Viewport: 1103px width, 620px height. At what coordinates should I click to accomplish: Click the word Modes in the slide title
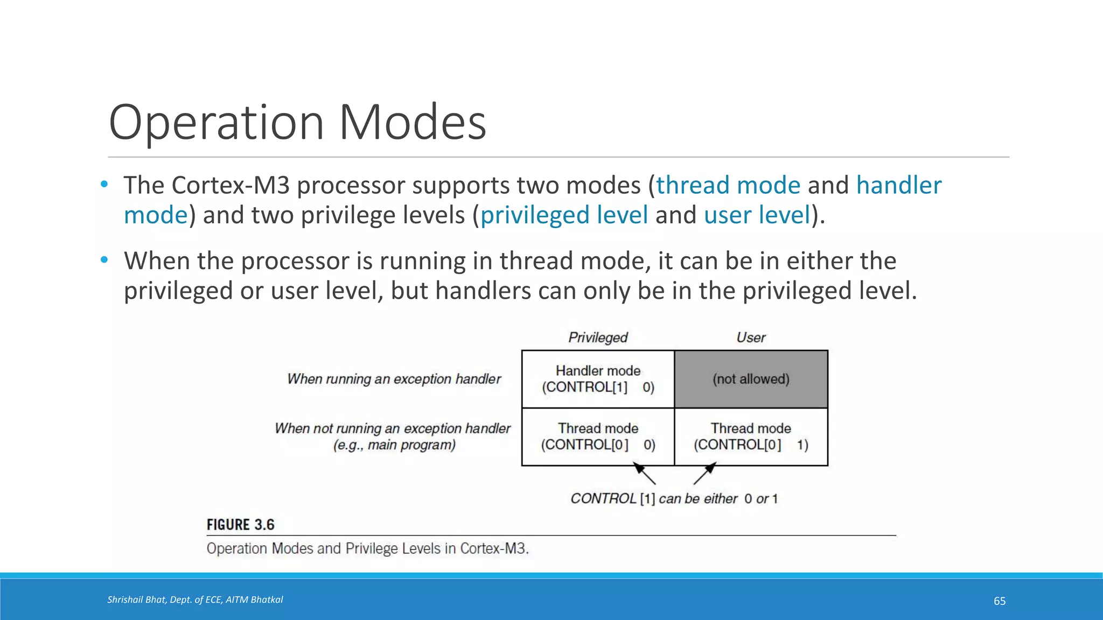(413, 123)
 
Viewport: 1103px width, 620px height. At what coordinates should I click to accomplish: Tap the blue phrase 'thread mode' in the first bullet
(728, 185)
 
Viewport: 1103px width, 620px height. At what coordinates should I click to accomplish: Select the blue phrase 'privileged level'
(564, 215)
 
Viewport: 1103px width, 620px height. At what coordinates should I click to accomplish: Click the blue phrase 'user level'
(757, 215)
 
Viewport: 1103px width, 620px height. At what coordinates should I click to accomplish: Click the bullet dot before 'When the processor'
(104, 260)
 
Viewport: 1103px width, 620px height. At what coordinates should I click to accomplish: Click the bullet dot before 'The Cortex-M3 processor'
(104, 185)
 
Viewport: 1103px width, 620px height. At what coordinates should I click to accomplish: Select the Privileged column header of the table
(598, 337)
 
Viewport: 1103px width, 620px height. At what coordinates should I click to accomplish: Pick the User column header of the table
(751, 337)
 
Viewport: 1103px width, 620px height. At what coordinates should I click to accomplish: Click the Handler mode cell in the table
(598, 379)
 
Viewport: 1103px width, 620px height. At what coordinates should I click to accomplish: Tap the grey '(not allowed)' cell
(751, 379)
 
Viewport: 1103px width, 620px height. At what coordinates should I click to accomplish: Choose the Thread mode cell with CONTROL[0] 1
(751, 436)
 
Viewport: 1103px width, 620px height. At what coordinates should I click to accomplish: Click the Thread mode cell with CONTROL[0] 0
(598, 436)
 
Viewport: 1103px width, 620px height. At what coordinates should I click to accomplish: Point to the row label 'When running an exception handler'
(394, 379)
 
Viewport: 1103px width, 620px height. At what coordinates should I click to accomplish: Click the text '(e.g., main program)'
(394, 445)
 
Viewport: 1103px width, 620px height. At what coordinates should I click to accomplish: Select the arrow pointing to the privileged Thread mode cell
(644, 474)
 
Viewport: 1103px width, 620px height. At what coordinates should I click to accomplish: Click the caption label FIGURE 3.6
(240, 525)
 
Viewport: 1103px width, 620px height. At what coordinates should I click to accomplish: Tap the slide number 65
(999, 601)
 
